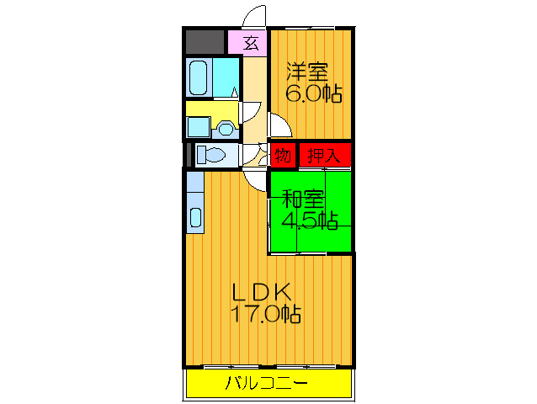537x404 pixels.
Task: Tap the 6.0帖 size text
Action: [313, 93]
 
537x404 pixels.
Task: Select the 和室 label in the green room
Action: [303, 199]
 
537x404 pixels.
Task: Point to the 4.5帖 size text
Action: [309, 221]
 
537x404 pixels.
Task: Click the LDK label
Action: [262, 292]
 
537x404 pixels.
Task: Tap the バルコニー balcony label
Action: [267, 385]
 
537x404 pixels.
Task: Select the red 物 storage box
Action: [282, 155]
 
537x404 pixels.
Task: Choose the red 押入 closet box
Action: [323, 155]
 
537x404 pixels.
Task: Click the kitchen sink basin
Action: [195, 217]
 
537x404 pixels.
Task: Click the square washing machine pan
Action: [199, 126]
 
